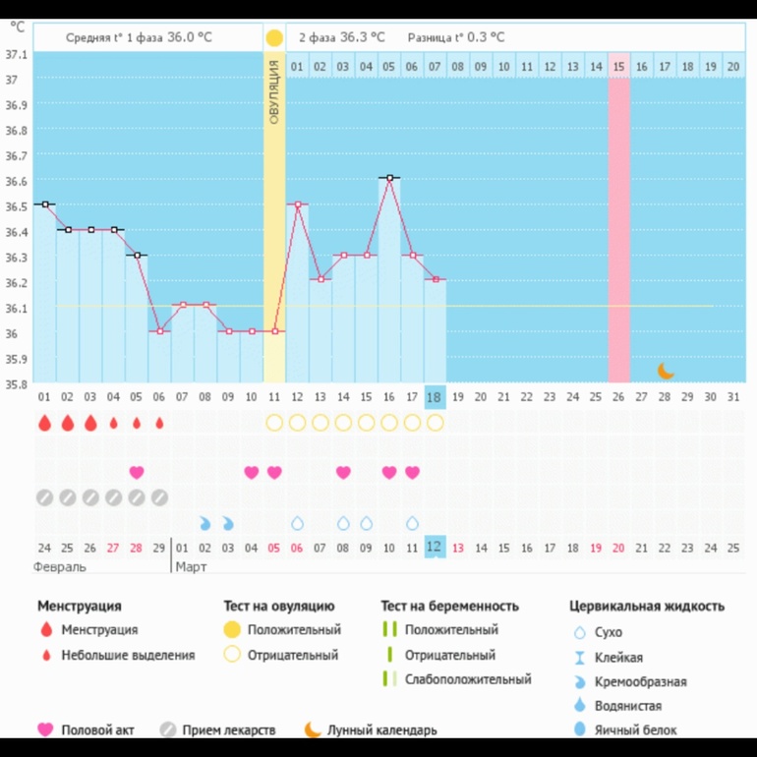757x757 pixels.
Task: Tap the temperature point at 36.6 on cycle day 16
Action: [389, 178]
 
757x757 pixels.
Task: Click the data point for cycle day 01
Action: [44, 204]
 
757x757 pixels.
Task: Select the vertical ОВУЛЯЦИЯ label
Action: [274, 92]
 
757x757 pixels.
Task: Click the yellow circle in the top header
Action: [274, 38]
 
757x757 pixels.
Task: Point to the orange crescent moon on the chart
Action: [666, 370]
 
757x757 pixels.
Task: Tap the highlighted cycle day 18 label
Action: [435, 396]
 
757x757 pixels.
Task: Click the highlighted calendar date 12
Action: [435, 547]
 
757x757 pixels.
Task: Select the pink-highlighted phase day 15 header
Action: [618, 66]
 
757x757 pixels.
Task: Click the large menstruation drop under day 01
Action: [44, 423]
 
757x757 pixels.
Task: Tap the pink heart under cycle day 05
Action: [137, 472]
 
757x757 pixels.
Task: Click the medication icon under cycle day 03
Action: [90, 497]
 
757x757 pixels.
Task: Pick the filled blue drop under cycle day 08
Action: [205, 523]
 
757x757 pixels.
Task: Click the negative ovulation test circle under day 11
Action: [274, 423]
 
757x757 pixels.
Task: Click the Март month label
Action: [192, 567]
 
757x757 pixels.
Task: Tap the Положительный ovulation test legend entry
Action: [294, 629]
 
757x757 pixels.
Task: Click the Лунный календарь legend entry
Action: [381, 729]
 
